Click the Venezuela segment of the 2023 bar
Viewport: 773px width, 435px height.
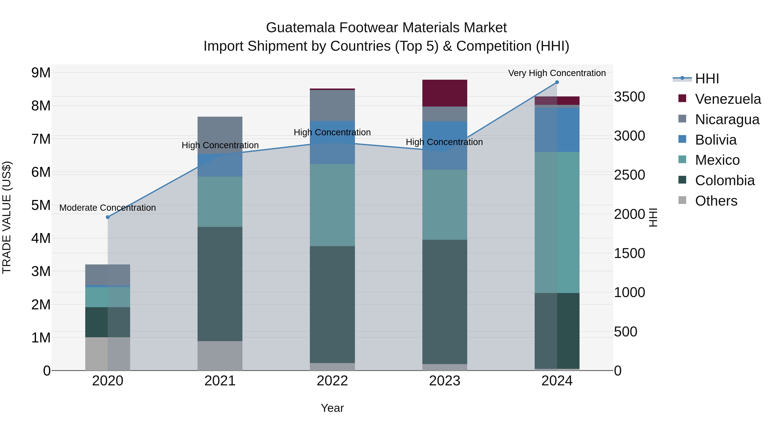pos(444,93)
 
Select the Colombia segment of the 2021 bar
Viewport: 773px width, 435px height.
pos(220,284)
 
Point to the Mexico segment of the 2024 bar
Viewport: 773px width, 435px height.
pos(557,222)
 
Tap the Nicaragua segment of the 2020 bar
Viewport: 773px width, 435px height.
pos(108,274)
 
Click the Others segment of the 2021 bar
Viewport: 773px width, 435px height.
pos(220,356)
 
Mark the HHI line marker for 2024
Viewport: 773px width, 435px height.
pos(557,82)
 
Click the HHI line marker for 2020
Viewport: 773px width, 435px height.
pos(108,217)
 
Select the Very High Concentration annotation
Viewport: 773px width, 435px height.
pos(557,73)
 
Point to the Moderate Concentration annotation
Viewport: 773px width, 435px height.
pos(108,208)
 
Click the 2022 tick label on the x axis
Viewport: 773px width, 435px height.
pos(332,381)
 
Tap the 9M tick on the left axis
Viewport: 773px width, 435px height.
pos(41,73)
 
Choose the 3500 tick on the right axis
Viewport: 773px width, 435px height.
pos(629,97)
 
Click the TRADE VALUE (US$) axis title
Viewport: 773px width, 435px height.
pos(7,217)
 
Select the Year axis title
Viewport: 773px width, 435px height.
pos(332,408)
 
